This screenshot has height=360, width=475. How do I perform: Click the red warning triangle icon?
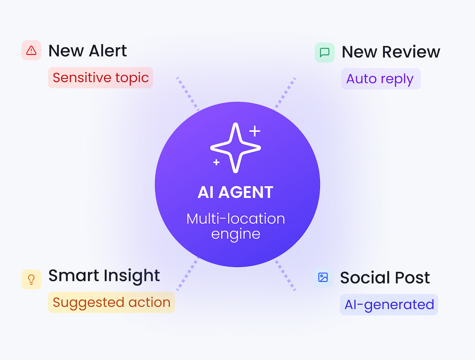[31, 50]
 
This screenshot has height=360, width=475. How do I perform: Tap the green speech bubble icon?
[324, 52]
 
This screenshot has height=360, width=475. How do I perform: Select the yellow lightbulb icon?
[31, 279]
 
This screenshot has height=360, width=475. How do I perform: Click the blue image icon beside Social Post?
[323, 277]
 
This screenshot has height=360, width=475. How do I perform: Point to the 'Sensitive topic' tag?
[101, 78]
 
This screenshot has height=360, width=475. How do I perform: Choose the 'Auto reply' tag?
[381, 79]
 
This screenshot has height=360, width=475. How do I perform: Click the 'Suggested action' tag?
[112, 302]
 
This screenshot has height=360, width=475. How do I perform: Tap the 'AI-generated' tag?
[389, 305]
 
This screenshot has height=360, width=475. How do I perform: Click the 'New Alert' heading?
[88, 51]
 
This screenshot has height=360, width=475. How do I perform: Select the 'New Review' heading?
[391, 52]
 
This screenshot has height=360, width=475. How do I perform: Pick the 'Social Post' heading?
[385, 277]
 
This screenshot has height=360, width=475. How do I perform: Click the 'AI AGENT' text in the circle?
[236, 192]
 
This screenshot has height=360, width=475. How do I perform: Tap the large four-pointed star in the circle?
[235, 148]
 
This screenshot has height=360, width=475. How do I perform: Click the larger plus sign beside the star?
[255, 131]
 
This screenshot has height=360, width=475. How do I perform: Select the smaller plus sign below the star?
[216, 163]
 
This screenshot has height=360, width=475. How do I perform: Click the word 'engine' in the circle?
[236, 234]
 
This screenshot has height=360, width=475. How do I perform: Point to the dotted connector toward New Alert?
[188, 94]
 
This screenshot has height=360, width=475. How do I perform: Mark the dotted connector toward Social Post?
[285, 275]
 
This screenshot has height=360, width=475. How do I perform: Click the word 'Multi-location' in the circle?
[236, 219]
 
